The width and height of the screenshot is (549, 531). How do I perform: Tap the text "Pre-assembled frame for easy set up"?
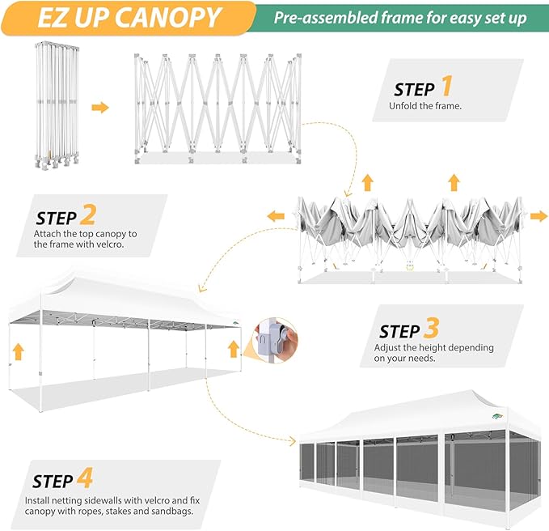click(x=399, y=17)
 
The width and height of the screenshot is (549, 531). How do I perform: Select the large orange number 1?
click(x=446, y=87)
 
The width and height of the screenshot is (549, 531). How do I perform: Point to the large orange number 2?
click(x=88, y=215)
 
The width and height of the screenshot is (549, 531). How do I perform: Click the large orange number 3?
click(x=431, y=329)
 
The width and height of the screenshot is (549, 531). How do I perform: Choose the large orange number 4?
click(x=84, y=478)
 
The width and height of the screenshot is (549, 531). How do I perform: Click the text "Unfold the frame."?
click(x=425, y=106)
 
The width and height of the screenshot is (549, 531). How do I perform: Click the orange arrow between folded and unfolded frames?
click(x=100, y=107)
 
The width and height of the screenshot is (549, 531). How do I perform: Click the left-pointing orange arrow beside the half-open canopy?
click(x=277, y=216)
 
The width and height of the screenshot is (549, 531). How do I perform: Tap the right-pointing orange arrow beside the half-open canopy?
click(x=538, y=216)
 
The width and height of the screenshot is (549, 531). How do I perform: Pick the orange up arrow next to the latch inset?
click(x=234, y=349)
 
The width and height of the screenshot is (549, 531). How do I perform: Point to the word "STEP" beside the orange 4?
click(x=54, y=481)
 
